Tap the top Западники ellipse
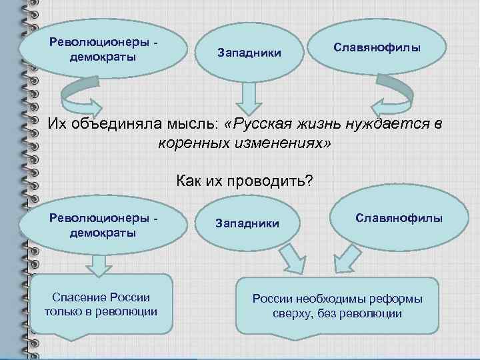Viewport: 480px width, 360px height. point(249,52)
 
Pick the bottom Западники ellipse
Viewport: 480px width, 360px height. point(247,223)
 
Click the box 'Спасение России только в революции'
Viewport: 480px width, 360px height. point(101,304)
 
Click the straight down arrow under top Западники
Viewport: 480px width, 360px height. point(249,98)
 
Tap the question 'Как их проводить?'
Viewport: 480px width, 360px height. point(244,181)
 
